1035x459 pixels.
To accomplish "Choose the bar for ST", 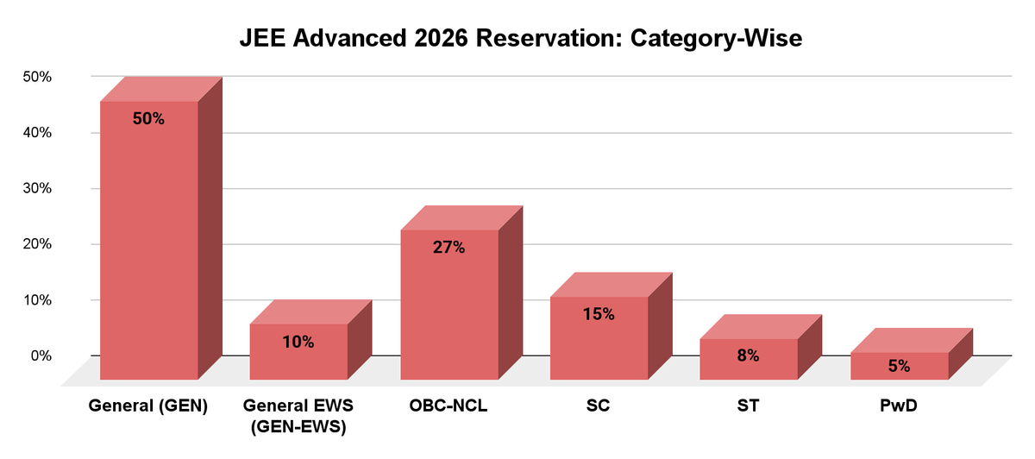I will coord(748,360).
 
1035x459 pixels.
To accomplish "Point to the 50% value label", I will coord(148,119).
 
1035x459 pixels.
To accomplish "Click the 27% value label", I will coord(448,248).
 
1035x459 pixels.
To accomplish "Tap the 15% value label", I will coord(598,314).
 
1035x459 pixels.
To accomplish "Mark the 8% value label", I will coord(748,355).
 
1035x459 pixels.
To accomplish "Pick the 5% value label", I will coord(899,366).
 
